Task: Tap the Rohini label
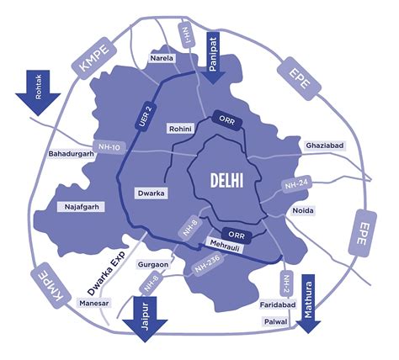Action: point(182,129)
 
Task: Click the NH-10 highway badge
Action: point(109,146)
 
